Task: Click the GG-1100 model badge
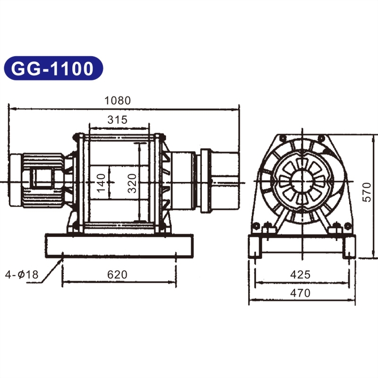53,69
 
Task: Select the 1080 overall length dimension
117,101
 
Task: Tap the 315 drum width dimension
117,120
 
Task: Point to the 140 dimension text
101,182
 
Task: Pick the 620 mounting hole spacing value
117,275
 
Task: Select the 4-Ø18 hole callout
22,275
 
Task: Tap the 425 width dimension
301,275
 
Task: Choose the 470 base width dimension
301,293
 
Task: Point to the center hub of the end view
301,182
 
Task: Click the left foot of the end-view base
255,248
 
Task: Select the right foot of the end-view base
349,248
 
